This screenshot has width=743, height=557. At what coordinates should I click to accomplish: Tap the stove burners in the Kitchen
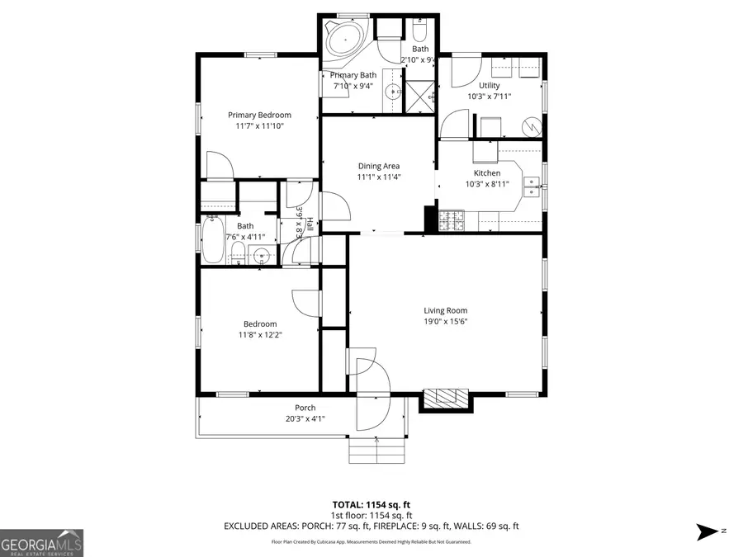click(452, 219)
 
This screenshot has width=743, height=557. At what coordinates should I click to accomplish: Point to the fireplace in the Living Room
click(446, 399)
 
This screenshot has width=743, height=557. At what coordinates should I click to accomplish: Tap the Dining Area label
click(379, 166)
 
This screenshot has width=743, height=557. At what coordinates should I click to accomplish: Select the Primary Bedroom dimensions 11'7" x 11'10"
click(259, 126)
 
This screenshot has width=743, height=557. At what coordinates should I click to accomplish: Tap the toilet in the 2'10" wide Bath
click(419, 31)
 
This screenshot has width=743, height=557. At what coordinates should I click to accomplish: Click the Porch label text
click(305, 408)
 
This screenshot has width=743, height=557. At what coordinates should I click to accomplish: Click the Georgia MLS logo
click(41, 543)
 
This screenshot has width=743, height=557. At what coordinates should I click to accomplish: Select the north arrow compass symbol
click(708, 531)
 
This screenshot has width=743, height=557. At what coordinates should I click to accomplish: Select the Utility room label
click(490, 85)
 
